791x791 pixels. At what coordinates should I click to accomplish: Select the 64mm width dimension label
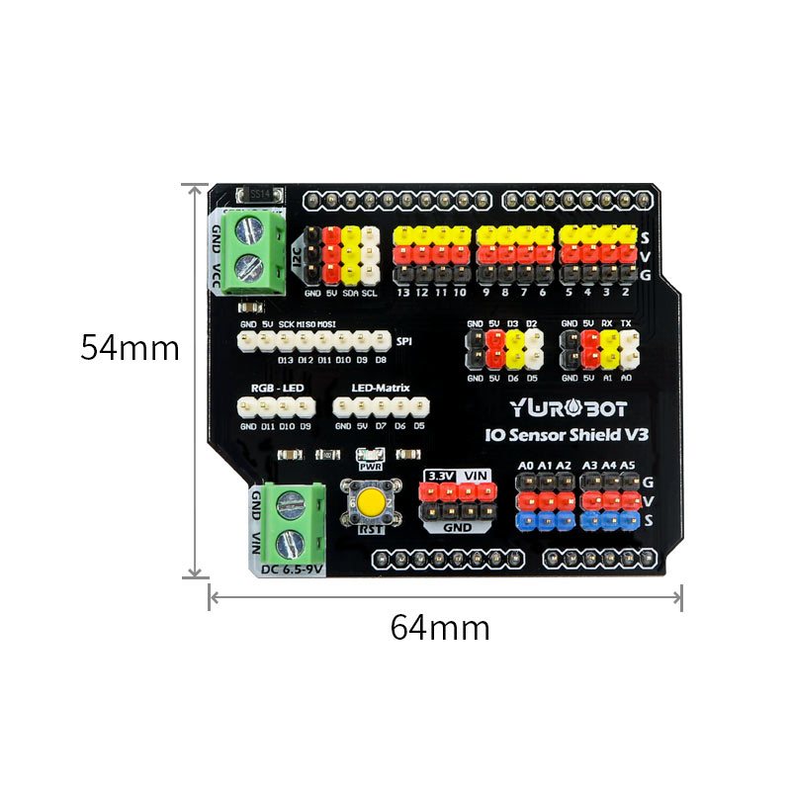(x=440, y=627)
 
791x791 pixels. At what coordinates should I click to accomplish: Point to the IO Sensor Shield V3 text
(x=567, y=434)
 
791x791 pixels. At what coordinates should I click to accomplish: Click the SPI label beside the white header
(x=404, y=342)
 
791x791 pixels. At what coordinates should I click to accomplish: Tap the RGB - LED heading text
(x=277, y=389)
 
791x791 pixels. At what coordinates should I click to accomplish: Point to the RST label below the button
(x=370, y=530)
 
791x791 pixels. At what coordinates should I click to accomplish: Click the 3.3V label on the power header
(x=438, y=476)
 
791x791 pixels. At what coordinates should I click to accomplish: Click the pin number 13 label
(x=402, y=293)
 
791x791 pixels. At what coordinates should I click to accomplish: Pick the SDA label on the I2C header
(x=351, y=293)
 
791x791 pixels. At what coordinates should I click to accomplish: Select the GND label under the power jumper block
(x=456, y=528)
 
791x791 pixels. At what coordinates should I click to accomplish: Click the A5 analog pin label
(x=627, y=465)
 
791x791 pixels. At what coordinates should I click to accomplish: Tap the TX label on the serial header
(x=626, y=323)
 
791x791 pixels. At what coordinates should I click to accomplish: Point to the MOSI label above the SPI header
(x=326, y=324)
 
